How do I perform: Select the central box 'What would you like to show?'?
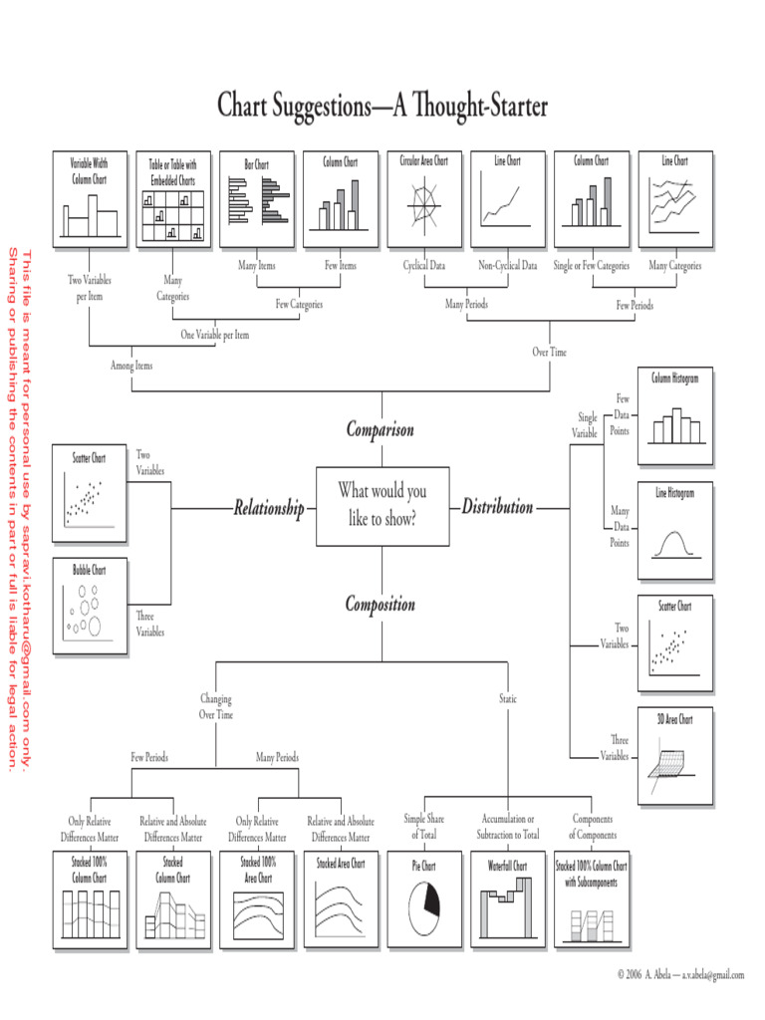tap(382, 505)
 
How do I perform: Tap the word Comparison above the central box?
tap(380, 430)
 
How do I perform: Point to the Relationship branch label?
tap(268, 509)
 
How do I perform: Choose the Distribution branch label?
tap(497, 507)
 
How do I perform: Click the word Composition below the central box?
tap(380, 605)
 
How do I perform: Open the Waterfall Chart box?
tap(508, 897)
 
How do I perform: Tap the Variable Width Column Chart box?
tap(89, 198)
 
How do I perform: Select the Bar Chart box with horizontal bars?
tap(257, 198)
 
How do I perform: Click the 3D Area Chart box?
tap(674, 755)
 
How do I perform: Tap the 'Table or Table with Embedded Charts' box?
tap(173, 198)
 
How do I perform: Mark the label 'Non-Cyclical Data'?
tap(507, 266)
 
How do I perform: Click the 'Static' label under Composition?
tap(508, 699)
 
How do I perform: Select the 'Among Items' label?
tap(131, 366)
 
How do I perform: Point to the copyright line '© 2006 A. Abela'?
tap(680, 974)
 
